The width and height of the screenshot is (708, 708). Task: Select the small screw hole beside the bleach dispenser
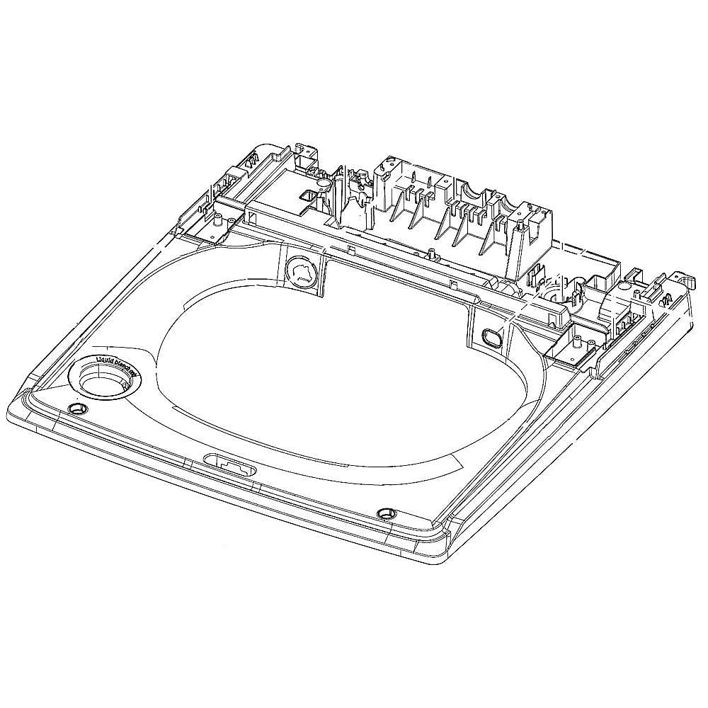tap(77, 409)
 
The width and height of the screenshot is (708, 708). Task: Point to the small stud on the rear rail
tap(353, 250)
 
